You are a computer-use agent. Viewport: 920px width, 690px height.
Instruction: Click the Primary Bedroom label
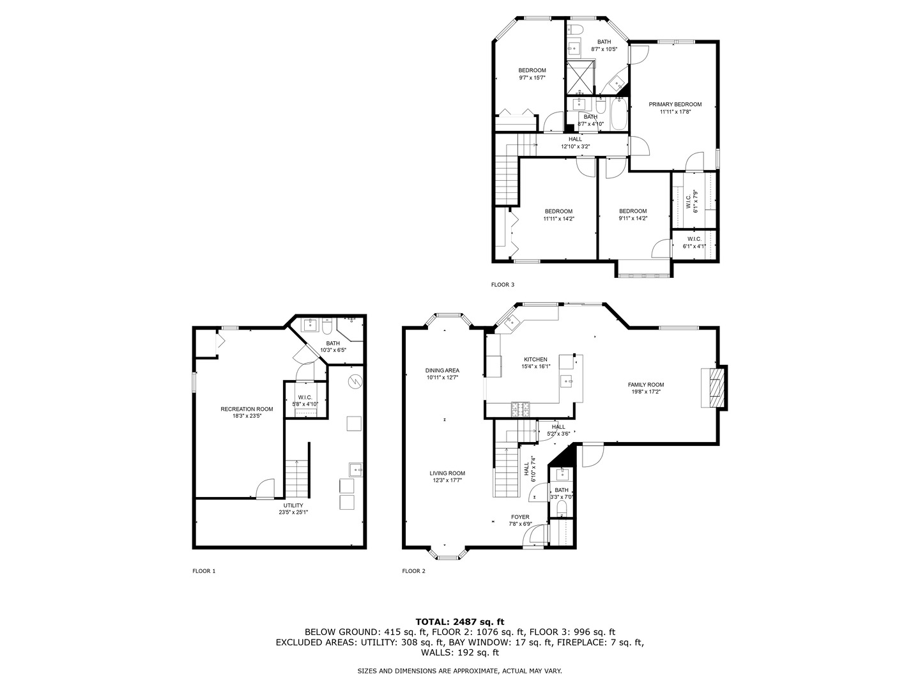[675, 108]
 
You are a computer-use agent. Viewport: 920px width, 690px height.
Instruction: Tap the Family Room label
[645, 388]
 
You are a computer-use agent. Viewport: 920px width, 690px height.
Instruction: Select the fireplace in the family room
[714, 386]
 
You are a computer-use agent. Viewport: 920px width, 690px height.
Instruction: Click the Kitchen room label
[535, 363]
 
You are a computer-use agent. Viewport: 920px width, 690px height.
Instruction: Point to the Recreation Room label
[247, 412]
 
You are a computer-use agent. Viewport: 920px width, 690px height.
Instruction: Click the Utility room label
[293, 509]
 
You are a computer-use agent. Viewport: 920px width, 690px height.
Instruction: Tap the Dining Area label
[442, 374]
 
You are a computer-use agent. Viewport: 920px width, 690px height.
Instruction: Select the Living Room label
[447, 477]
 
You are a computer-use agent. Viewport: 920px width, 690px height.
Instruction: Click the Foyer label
[519, 520]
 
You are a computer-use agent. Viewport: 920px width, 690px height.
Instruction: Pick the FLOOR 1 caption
[204, 571]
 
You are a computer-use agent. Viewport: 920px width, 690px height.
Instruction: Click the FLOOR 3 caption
[502, 284]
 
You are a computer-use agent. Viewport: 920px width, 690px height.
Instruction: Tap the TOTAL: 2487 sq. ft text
[459, 621]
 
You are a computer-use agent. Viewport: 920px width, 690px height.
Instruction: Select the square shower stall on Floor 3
[580, 75]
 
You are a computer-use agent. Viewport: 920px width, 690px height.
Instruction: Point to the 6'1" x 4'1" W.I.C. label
[694, 242]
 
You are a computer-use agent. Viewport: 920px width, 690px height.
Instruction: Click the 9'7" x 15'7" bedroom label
[532, 74]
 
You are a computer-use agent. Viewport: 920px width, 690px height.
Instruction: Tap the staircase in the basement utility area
[296, 479]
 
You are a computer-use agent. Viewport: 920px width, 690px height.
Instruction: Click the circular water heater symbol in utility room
[355, 381]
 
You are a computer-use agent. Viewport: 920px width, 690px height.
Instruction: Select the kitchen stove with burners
[520, 407]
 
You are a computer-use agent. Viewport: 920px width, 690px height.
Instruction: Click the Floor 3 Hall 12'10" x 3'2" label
[575, 142]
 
